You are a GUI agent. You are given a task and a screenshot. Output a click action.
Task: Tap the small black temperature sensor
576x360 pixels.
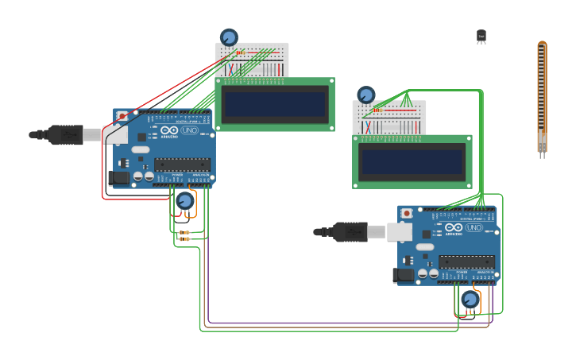click(481, 36)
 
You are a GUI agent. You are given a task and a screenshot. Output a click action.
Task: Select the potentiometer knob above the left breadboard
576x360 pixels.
click(229, 37)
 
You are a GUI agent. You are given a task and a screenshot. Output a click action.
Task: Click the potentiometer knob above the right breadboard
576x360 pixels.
click(366, 95)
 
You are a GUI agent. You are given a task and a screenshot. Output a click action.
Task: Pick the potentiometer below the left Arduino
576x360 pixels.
click(185, 201)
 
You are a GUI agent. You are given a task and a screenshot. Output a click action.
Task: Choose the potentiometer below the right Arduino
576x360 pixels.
click(470, 300)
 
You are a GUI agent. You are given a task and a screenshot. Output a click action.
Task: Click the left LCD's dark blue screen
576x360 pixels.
click(275, 104)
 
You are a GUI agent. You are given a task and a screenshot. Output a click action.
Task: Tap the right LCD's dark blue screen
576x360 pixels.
click(412, 161)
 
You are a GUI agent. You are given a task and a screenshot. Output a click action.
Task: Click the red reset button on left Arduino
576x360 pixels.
click(122, 116)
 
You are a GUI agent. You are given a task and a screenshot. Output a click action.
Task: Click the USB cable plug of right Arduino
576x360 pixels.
click(350, 232)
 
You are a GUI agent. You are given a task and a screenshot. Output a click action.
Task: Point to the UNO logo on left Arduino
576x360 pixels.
click(190, 130)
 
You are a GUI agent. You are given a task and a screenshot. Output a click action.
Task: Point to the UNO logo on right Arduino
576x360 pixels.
click(474, 227)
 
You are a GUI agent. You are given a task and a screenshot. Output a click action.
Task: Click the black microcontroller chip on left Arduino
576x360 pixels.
click(182, 165)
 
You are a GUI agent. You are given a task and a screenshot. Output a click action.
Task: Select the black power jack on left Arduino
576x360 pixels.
click(119, 177)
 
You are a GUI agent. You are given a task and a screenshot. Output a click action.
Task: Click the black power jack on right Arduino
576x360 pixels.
click(404, 275)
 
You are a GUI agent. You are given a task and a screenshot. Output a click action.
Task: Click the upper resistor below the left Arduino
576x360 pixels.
click(184, 232)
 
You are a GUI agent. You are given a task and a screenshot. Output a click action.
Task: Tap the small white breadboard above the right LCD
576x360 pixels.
click(389, 118)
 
